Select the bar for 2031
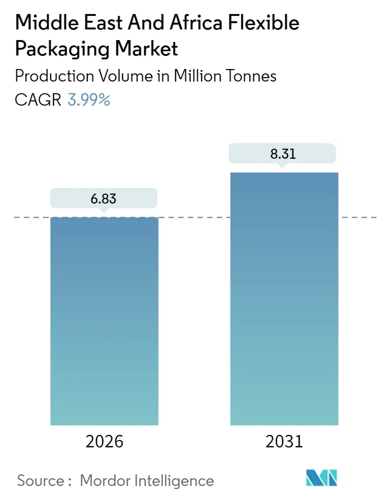(x=284, y=299)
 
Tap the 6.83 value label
(x=103, y=198)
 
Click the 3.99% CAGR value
(x=89, y=100)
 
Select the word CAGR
(x=38, y=100)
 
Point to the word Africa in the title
(x=199, y=23)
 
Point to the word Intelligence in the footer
(x=174, y=480)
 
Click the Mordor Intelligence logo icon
(x=322, y=478)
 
